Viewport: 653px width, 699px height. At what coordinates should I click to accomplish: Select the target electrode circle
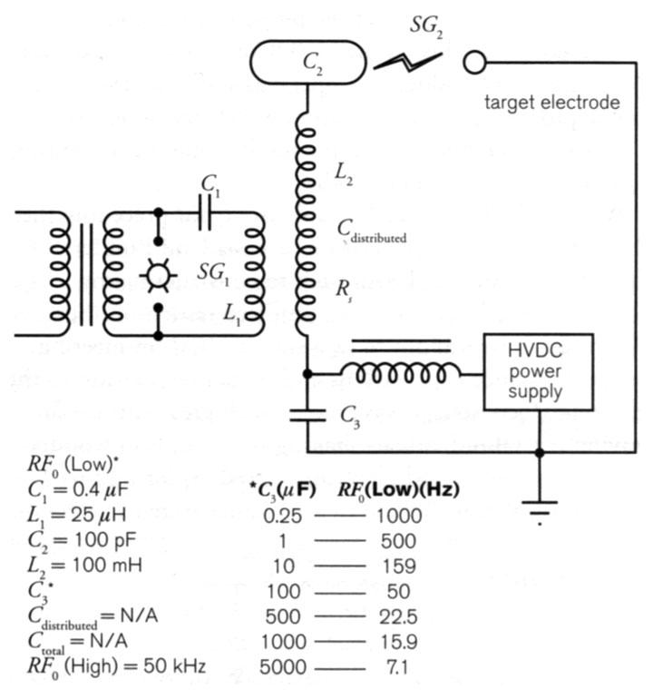[x=474, y=62]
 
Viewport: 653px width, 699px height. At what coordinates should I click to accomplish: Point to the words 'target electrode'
[x=552, y=102]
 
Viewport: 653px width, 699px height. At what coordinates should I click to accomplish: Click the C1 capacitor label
[x=210, y=185]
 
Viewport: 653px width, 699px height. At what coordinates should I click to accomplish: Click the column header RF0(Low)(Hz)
[x=398, y=489]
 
